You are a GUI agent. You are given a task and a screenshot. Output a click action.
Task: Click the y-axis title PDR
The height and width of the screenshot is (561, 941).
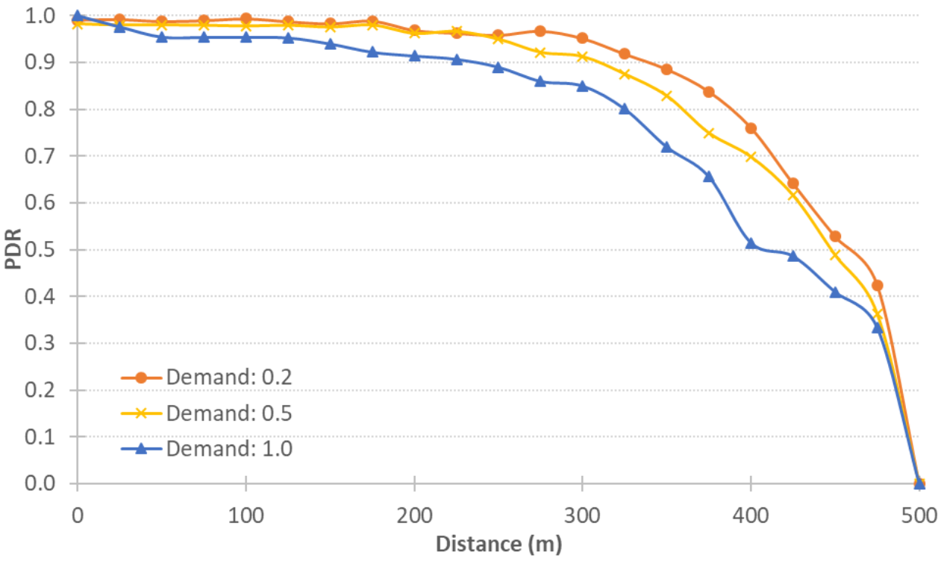(x=14, y=250)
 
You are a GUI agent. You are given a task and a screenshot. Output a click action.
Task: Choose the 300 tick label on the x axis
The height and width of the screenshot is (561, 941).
(x=582, y=514)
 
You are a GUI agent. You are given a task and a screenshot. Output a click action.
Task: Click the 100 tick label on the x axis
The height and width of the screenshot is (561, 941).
(x=246, y=514)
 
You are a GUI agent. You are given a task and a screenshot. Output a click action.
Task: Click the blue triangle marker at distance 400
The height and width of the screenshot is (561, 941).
(x=751, y=243)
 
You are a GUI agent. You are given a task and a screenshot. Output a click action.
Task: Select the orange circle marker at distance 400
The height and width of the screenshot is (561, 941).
(x=751, y=128)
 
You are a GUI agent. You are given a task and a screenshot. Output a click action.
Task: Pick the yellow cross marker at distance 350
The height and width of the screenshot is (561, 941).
(x=666, y=95)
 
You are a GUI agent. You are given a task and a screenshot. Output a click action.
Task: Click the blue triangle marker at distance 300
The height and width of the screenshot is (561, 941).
(x=582, y=86)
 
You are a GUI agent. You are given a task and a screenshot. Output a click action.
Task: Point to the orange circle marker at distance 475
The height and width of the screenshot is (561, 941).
(x=877, y=286)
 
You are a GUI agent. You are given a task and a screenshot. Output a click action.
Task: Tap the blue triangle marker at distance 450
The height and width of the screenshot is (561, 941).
(x=835, y=292)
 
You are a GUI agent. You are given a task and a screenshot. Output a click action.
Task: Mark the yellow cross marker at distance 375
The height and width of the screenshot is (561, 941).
(x=709, y=134)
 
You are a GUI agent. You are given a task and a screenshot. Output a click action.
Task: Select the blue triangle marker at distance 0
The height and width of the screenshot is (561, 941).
(x=78, y=16)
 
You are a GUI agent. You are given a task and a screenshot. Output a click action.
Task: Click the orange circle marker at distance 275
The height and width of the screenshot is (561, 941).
(x=540, y=31)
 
